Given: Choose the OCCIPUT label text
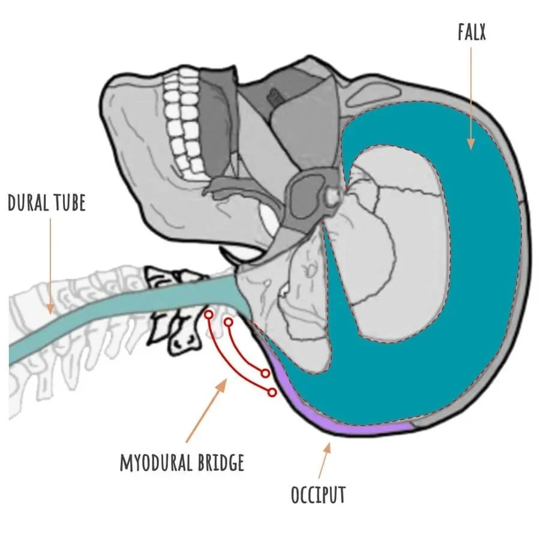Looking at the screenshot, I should pyautogui.click(x=318, y=495).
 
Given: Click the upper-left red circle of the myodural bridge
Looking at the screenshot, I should pyautogui.click(x=208, y=314).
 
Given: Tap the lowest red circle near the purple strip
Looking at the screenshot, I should pyautogui.click(x=272, y=392).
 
